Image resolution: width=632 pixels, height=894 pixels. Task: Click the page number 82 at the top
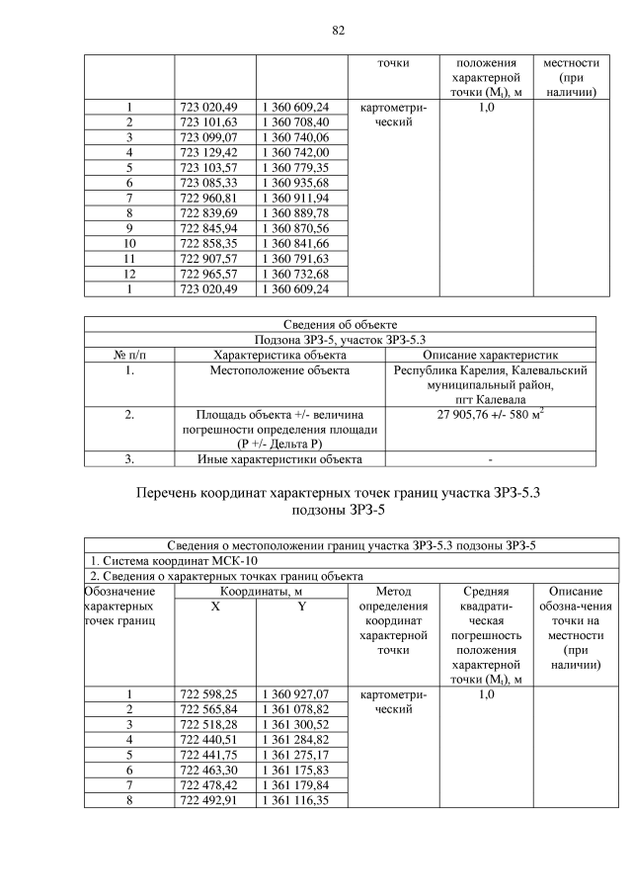[x=338, y=30]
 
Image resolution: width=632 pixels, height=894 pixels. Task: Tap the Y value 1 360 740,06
[x=295, y=137]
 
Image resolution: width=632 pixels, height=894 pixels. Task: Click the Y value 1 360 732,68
[x=295, y=274]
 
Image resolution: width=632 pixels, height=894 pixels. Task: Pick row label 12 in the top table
[x=128, y=274]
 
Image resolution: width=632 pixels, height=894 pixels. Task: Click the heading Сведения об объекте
[x=339, y=324]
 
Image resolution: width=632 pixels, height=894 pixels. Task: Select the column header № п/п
[x=128, y=354]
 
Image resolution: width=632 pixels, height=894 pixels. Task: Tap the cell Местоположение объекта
[x=279, y=370]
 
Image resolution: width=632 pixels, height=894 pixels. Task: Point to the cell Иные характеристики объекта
[x=279, y=458]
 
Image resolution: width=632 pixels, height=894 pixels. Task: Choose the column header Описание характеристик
[x=491, y=354]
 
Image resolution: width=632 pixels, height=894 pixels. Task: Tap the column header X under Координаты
[x=215, y=607]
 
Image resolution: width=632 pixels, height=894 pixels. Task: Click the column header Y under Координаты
[x=302, y=607]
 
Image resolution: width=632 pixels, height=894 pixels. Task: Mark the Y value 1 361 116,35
[x=295, y=800]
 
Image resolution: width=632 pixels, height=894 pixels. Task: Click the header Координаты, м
[x=261, y=591]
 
